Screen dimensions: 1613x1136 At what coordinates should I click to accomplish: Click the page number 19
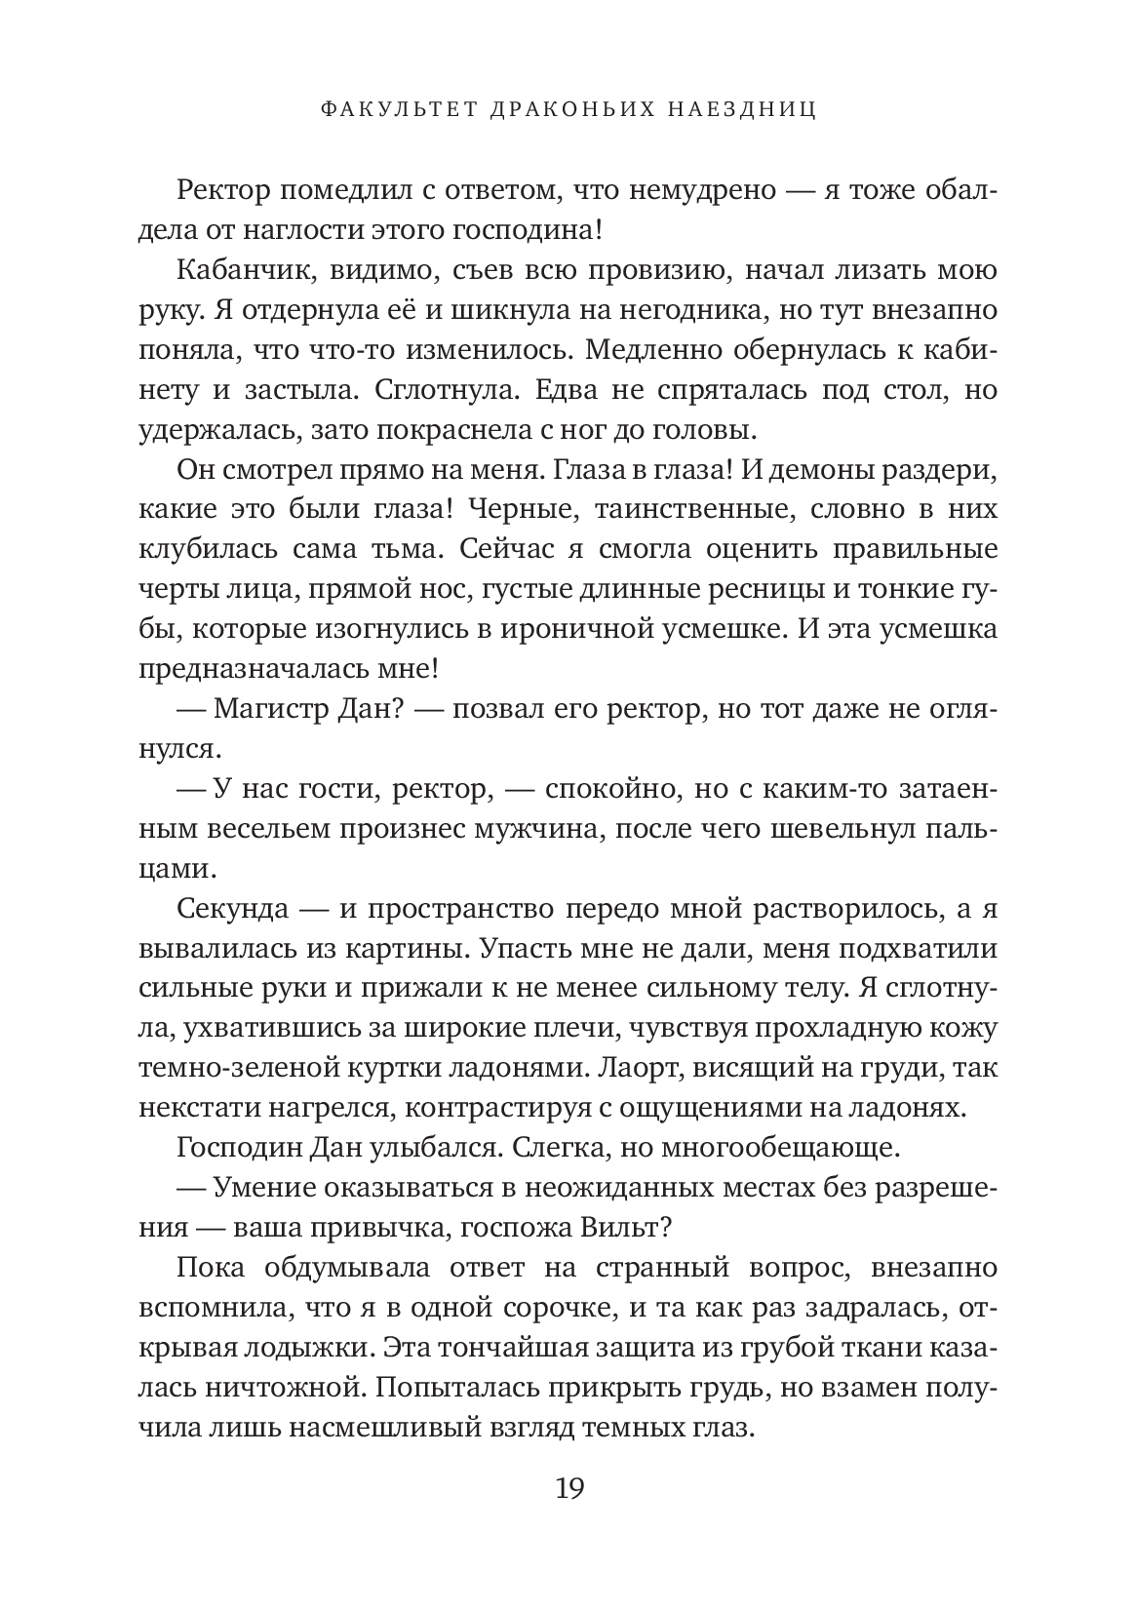pyautogui.click(x=568, y=1515)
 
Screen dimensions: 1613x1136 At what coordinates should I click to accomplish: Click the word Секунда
pyautogui.click(x=233, y=909)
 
